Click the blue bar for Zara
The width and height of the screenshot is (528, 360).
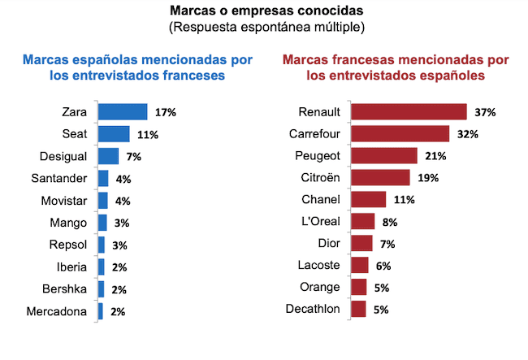123,111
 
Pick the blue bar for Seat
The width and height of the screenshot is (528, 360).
114,133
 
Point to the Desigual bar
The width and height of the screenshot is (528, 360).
108,155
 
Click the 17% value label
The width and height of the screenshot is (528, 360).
167,111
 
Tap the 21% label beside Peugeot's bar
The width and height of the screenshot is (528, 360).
438,155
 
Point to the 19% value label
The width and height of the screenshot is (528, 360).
429,177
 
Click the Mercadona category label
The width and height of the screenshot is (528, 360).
58,310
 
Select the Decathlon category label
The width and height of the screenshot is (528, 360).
314,309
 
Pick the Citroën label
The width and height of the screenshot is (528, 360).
322,177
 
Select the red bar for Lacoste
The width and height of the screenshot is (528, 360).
359,265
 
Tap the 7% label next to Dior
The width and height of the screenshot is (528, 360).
387,243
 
